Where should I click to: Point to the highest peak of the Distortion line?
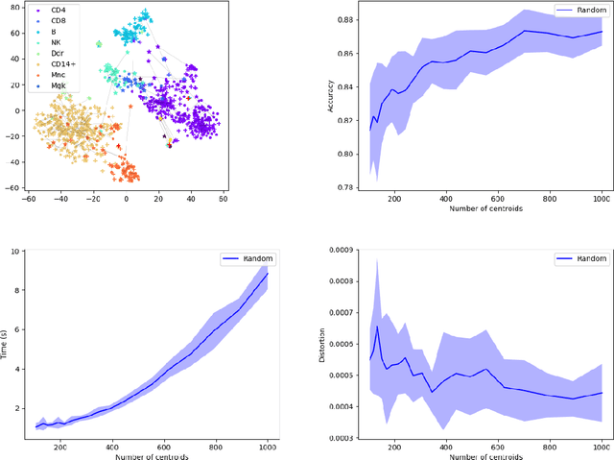point(378,327)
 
